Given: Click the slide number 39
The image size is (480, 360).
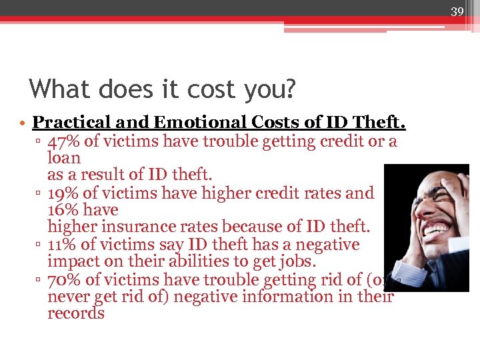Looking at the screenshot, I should click(457, 11).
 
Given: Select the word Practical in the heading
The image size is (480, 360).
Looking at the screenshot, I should click(70, 123).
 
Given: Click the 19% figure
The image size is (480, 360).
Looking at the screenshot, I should click(62, 193).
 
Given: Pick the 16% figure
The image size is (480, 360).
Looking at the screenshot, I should click(62, 210).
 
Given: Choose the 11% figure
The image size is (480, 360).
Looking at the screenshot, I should click(62, 245).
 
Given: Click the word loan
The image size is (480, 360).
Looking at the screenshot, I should click(64, 159).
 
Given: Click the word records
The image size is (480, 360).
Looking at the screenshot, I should click(76, 314).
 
